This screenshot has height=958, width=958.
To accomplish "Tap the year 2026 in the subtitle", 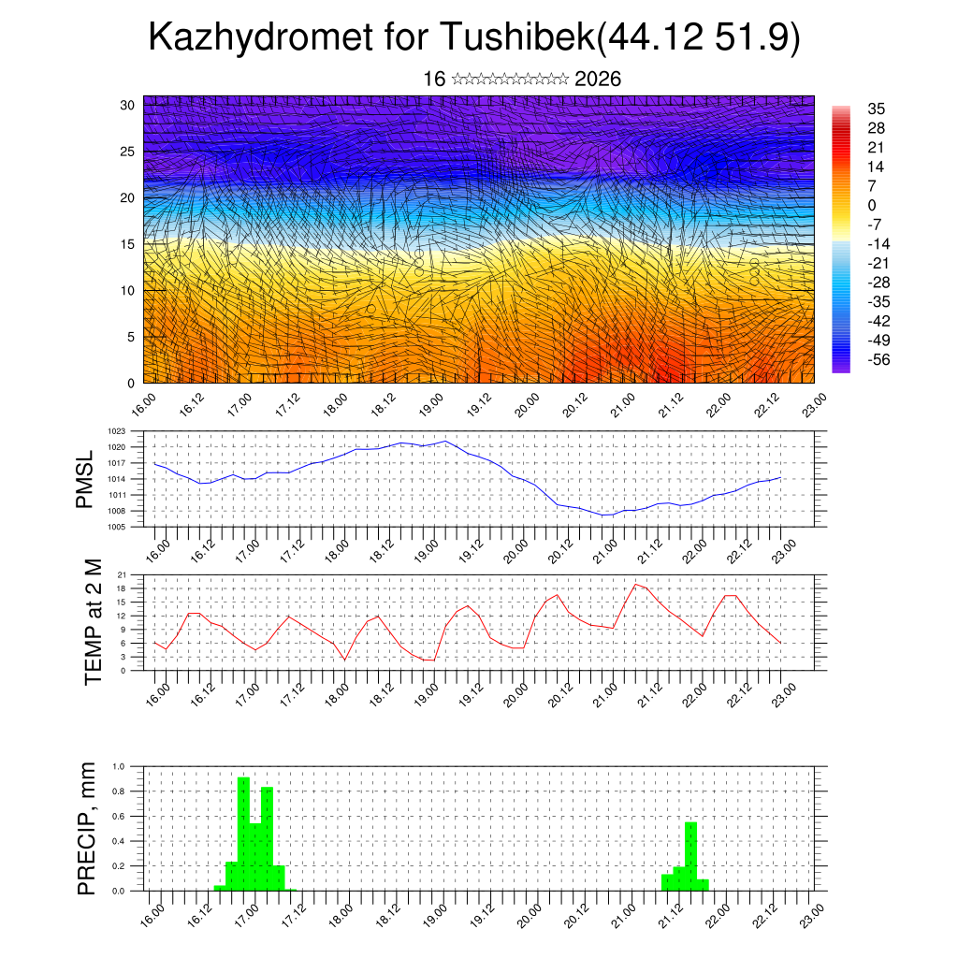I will click(x=598, y=79).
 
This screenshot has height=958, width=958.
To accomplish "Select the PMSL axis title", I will click(x=85, y=479).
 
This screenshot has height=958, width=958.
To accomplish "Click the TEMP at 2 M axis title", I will click(x=93, y=622).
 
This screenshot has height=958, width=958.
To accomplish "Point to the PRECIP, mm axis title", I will click(x=87, y=828).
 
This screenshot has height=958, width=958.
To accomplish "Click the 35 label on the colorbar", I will click(x=877, y=109).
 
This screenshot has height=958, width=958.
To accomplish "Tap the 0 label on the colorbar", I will click(x=872, y=205).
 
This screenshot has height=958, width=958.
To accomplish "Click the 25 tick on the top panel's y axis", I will click(x=126, y=151).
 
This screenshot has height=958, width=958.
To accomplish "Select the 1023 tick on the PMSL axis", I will click(x=116, y=431).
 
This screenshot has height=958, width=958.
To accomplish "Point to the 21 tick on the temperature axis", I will click(x=121, y=574).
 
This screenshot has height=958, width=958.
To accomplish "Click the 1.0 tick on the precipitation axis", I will click(x=119, y=766).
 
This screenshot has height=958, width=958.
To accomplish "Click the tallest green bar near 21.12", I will click(x=691, y=856).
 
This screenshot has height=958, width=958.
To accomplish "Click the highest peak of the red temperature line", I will click(x=636, y=584).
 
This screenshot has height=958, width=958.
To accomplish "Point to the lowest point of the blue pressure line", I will click(x=606, y=515).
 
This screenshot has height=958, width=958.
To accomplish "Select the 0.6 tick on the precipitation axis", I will click(x=119, y=816).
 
